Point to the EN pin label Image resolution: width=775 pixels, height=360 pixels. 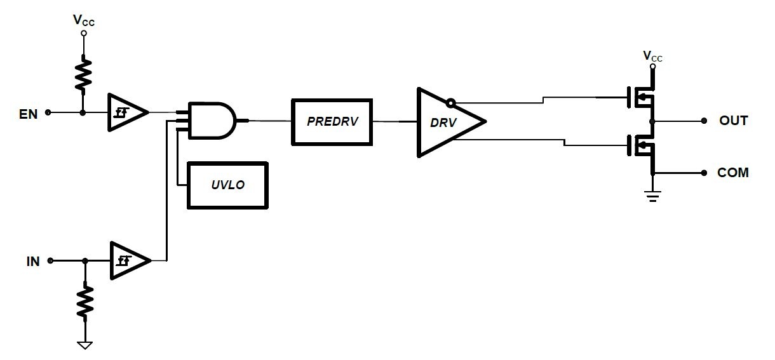pos(28,114)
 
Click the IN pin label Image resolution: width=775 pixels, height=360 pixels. pos(33,261)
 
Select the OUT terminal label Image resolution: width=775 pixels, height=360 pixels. pos(734,121)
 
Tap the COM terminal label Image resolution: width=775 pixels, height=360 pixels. pos(733,172)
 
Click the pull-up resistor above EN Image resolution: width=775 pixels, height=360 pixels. pos(83,74)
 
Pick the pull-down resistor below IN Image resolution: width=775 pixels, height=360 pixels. pos(85,302)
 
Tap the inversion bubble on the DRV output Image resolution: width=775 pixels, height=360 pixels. pos(450,103)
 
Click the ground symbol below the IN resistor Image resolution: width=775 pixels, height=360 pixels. pos(84,345)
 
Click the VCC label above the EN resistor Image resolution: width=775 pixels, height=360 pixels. pos(84,20)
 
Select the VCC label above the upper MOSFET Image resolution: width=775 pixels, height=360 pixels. pos(652,56)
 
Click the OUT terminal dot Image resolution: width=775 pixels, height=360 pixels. pos(704,121)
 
